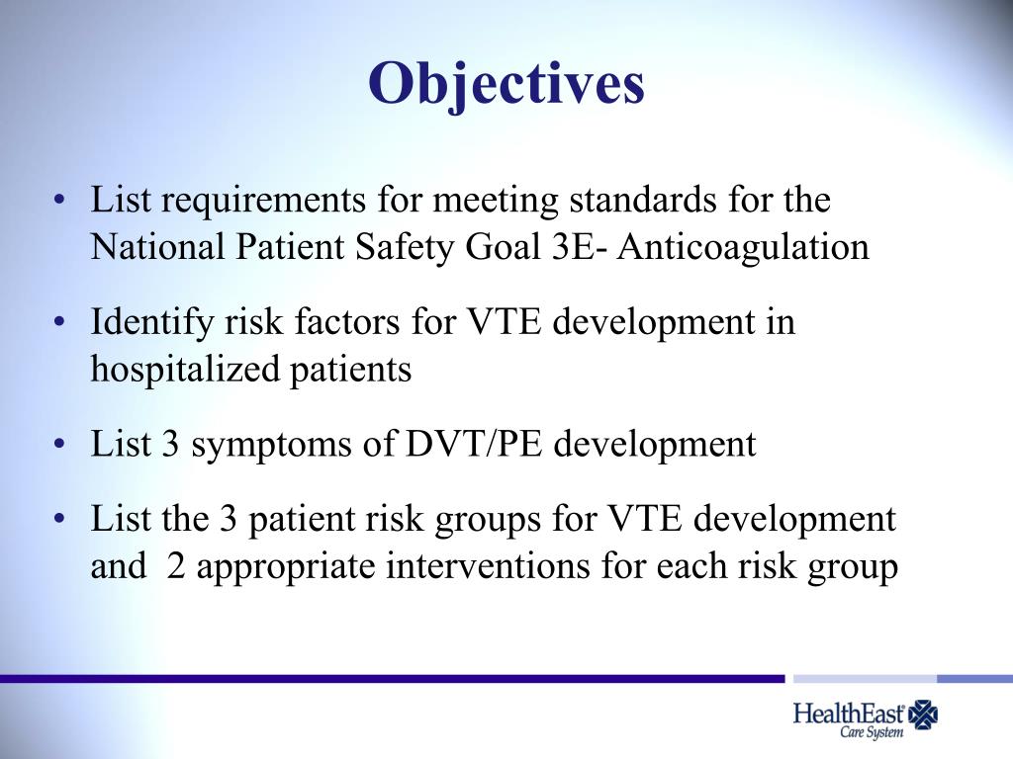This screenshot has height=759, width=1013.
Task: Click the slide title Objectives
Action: tap(506, 84)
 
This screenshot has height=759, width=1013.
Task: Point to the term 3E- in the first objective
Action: tap(576, 247)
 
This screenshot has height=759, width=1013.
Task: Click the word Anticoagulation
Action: tap(743, 247)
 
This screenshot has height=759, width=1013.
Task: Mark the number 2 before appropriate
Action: tap(176, 567)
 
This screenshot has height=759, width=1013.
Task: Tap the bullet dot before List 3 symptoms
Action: tap(62, 445)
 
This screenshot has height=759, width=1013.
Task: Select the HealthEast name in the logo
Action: tap(849, 713)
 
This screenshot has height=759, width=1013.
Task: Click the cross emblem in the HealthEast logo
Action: tap(925, 714)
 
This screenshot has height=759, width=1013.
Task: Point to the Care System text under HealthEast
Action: tap(872, 734)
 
